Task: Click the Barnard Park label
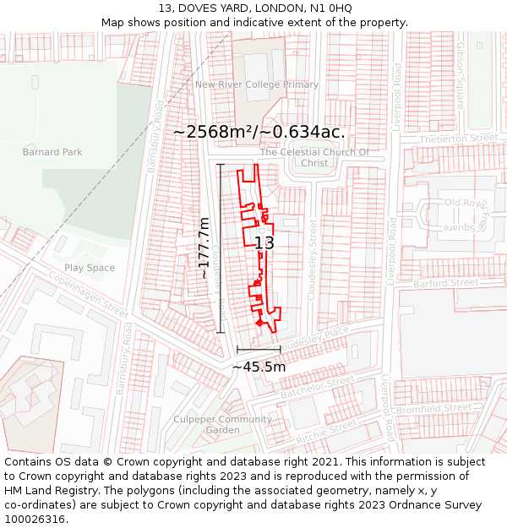pyautogui.click(x=52, y=152)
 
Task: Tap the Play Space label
pyautogui.click(x=90, y=268)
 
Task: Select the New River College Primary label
pyautogui.click(x=257, y=84)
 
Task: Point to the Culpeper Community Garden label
pyautogui.click(x=223, y=425)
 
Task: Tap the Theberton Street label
pyautogui.click(x=459, y=139)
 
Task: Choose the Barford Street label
pyautogui.click(x=446, y=283)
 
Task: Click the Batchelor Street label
pyautogui.click(x=316, y=388)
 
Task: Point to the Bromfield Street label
pyautogui.click(x=445, y=408)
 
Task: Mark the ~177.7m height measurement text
pyautogui.click(x=204, y=248)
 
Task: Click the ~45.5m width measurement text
pyautogui.click(x=259, y=367)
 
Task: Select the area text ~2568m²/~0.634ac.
pyautogui.click(x=259, y=132)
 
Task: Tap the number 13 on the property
pyautogui.click(x=264, y=242)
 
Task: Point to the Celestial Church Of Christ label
pyautogui.click(x=314, y=158)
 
